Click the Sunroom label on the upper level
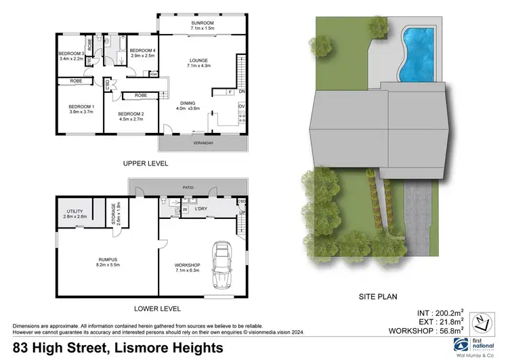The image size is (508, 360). (203, 24)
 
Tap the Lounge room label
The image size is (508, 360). (203, 64)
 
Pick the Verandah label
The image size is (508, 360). (203, 144)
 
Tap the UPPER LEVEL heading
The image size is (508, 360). (145, 163)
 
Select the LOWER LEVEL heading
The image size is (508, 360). (157, 308)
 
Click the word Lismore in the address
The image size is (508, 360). (133, 348)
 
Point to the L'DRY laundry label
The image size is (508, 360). (201, 209)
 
